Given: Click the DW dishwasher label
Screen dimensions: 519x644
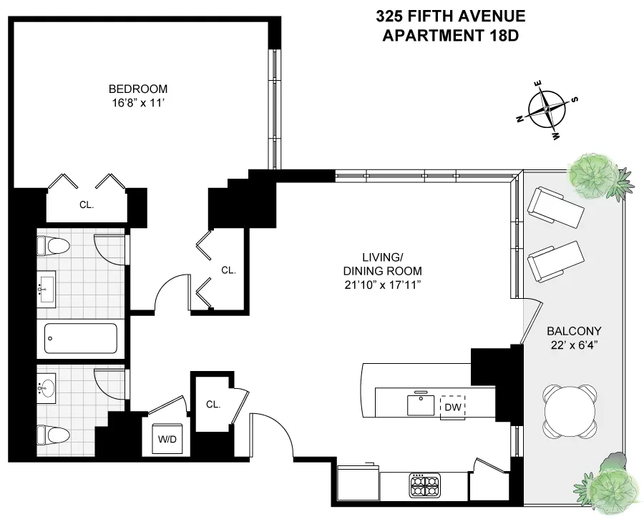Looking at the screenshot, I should point(452,407).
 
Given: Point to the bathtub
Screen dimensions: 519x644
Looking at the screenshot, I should point(80,338).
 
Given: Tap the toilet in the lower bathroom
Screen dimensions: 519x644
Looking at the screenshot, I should point(52,434).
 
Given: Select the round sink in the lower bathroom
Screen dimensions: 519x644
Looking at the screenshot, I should point(47,389).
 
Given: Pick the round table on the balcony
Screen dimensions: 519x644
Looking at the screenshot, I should point(570,411).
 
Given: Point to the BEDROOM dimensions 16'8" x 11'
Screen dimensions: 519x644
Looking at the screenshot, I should point(138,102).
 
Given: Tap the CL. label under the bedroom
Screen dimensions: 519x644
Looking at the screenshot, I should point(86,204).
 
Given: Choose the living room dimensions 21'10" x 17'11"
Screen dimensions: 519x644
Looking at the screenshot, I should point(391,285).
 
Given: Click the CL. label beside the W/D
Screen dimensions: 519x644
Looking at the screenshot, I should point(213,404).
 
